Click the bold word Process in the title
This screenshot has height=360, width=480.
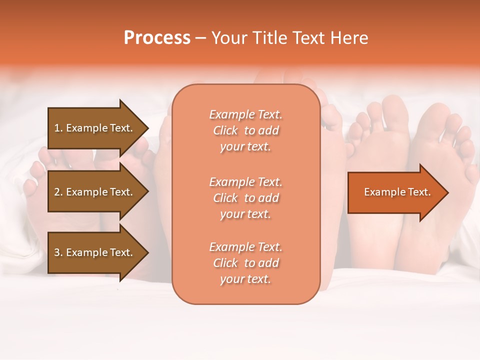pyautogui.click(x=157, y=38)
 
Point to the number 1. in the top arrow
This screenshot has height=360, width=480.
pyautogui.click(x=58, y=128)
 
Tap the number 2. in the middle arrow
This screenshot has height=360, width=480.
pyautogui.click(x=58, y=192)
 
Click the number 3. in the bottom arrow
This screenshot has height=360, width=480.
pyautogui.click(x=58, y=252)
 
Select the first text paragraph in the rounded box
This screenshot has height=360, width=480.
pyautogui.click(x=245, y=130)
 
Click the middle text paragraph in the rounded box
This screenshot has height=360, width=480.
pyautogui.click(x=245, y=198)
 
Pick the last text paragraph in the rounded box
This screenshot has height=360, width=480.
pyautogui.click(x=245, y=263)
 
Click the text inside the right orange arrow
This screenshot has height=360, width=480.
pyautogui.click(x=397, y=192)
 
